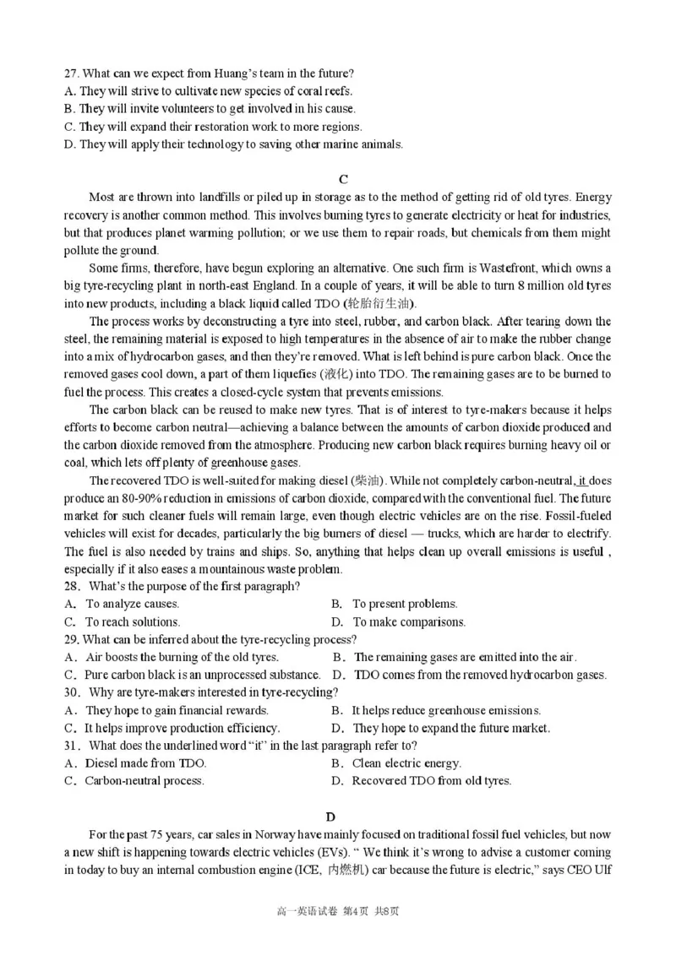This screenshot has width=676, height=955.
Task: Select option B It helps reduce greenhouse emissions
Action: click(x=437, y=710)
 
